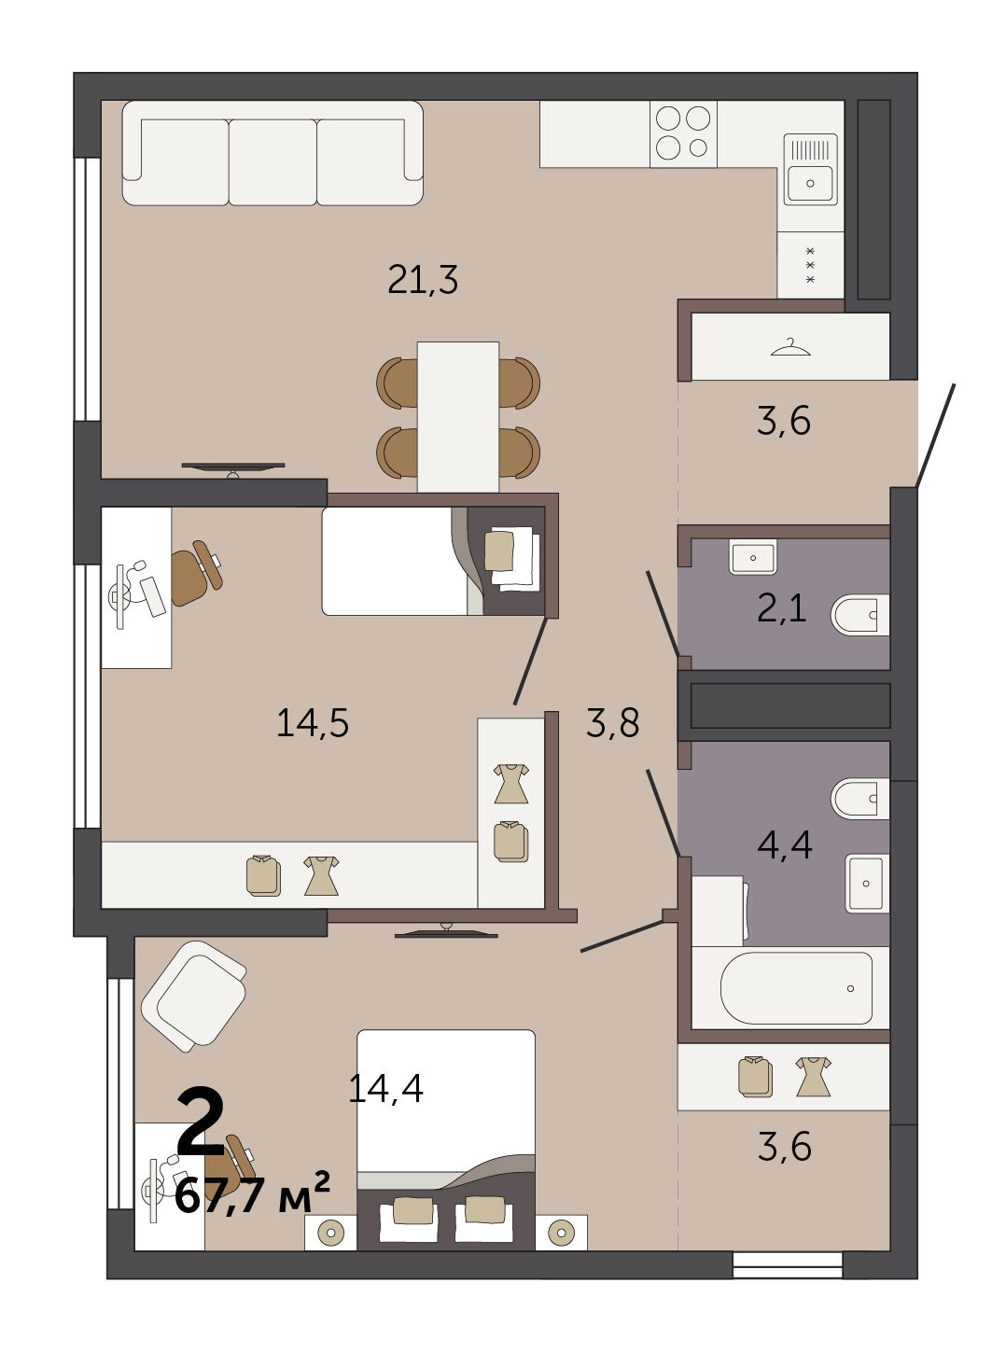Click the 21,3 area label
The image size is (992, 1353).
tap(423, 280)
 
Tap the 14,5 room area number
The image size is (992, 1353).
tap(313, 723)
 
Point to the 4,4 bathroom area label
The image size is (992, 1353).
tap(784, 844)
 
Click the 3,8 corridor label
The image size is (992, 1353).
tap(612, 723)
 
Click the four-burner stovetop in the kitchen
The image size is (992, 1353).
tap(683, 133)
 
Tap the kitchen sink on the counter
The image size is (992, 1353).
tap(810, 169)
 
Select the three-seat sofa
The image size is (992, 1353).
tap(272, 153)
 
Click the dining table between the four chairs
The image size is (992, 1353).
tap(458, 417)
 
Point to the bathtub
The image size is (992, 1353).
tap(796, 988)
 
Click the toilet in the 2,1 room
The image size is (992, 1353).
tap(860, 614)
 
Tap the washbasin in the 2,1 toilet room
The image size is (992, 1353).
tap(753, 557)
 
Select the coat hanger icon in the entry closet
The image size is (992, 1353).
tap(790, 347)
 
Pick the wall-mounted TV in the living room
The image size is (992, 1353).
tap(233, 468)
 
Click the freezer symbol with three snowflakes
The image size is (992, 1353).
tap(811, 265)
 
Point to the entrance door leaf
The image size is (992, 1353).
tap(936, 435)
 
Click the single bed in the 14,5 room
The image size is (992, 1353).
tap(433, 561)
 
